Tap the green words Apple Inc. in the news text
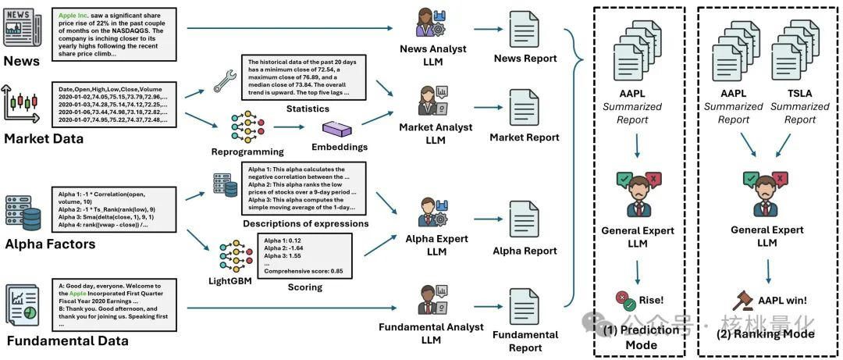(x=77, y=15)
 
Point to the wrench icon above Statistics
(x=223, y=80)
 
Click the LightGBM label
(x=230, y=280)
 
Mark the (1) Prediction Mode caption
(x=641, y=337)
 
